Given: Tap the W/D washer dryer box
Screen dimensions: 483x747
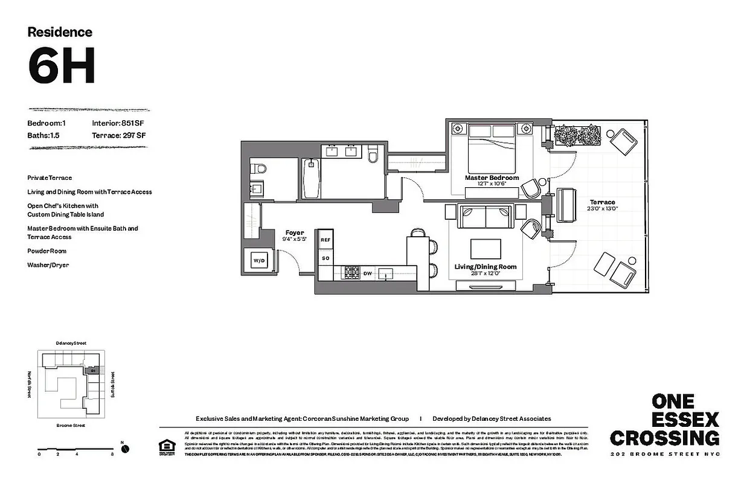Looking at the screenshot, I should tap(258, 261).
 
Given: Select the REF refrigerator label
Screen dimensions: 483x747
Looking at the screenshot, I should tap(325, 240).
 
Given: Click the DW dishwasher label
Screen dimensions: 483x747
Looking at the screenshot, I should tap(367, 273).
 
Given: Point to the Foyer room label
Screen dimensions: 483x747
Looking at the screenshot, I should tap(295, 232).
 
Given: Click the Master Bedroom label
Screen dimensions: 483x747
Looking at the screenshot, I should tap(492, 178).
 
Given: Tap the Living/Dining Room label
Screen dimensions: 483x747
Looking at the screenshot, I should tap(485, 266).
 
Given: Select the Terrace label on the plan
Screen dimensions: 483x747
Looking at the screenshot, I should tap(603, 202).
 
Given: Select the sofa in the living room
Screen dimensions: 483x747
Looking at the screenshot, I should tap(486, 216).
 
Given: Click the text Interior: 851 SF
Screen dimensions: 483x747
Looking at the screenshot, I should tap(118, 123).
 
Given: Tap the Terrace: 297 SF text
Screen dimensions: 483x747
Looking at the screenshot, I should tap(118, 135).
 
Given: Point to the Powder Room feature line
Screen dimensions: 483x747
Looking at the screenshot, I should tap(47, 251).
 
